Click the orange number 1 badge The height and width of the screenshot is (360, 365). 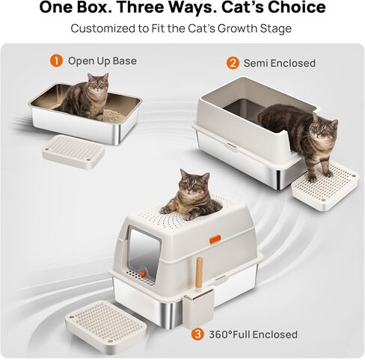56,61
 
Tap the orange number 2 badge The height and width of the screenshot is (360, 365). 233,63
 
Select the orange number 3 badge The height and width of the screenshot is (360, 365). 197,335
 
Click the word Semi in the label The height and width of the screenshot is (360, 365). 256,63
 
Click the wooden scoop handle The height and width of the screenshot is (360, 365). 199,275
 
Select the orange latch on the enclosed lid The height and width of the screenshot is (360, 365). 215,239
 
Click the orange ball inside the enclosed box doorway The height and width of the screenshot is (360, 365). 142,273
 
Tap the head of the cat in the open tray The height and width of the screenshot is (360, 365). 98,82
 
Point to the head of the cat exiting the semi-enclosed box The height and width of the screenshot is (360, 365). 324,128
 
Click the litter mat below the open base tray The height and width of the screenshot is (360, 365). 73,152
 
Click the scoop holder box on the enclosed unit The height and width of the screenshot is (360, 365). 199,308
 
